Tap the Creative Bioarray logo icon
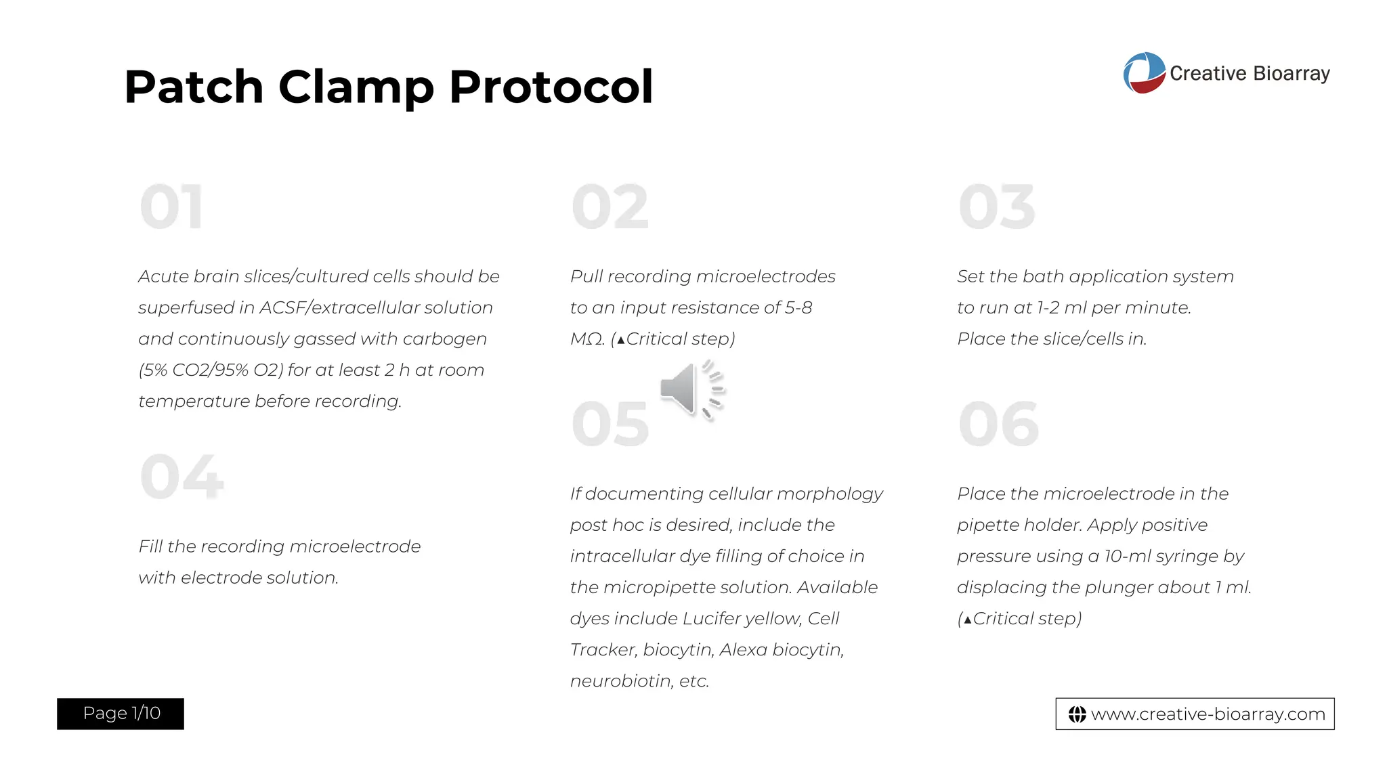[1144, 73]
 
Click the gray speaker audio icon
[691, 390]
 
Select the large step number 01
[171, 207]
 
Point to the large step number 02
[610, 207]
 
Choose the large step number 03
[997, 207]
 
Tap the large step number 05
[610, 425]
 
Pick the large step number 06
[998, 425]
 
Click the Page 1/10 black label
[121, 714]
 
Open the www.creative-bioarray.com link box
[1195, 714]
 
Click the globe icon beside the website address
[1077, 714]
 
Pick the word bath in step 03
[1043, 277]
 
